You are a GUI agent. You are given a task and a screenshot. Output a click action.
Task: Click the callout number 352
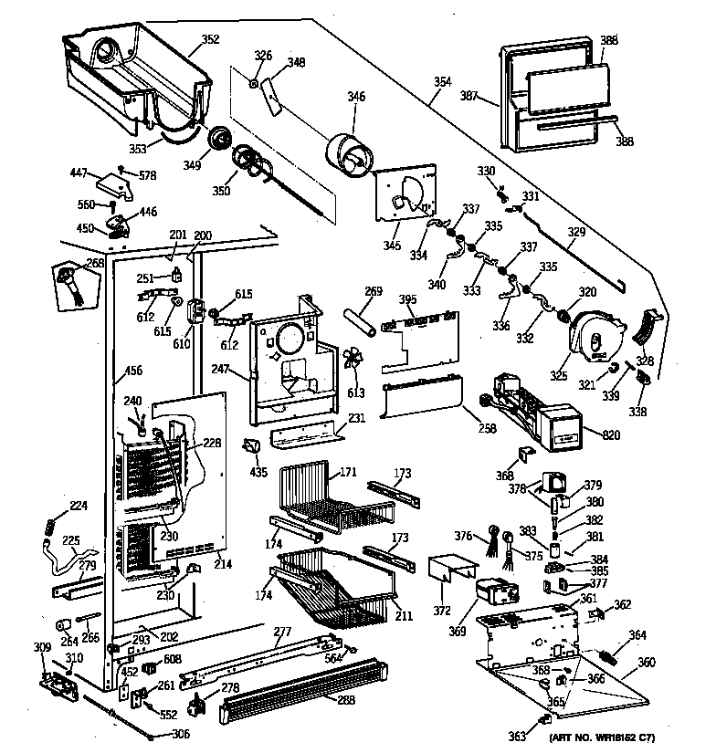click(x=210, y=39)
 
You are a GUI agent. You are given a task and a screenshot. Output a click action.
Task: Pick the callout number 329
click(x=575, y=233)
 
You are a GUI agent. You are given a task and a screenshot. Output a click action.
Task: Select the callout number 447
click(x=79, y=172)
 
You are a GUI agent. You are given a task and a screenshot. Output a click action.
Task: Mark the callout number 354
click(x=443, y=82)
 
